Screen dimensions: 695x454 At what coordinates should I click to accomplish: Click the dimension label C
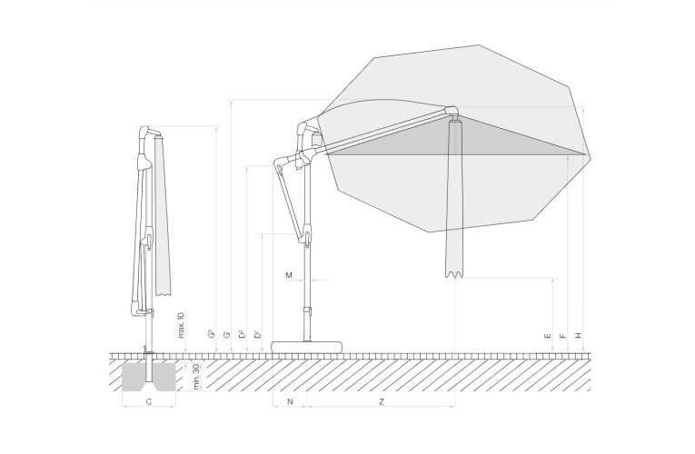click(149, 401)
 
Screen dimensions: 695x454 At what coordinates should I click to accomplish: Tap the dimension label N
click(291, 401)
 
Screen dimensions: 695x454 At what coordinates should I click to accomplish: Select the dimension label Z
click(382, 401)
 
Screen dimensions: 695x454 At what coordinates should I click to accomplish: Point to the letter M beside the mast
click(289, 275)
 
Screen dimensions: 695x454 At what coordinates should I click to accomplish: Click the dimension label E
click(549, 336)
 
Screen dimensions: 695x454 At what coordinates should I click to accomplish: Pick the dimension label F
click(563, 336)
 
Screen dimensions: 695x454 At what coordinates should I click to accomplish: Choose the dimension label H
click(578, 336)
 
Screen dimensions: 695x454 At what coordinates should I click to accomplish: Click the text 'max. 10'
click(181, 325)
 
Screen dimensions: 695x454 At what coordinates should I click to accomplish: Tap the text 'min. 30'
click(197, 377)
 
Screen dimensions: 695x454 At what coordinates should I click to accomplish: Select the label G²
click(212, 333)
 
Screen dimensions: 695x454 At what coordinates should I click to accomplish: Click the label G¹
click(227, 334)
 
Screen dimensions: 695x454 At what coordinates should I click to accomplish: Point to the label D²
click(243, 333)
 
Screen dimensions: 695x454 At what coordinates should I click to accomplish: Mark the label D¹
click(257, 334)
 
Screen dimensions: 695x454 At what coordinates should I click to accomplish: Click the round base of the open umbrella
click(308, 346)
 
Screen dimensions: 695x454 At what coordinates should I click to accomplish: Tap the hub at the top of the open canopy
click(452, 111)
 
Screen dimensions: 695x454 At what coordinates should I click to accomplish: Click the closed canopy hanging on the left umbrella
click(163, 217)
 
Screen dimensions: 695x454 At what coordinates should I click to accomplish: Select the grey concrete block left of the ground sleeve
click(134, 377)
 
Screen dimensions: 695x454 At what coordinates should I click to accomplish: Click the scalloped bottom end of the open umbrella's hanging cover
click(455, 273)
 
